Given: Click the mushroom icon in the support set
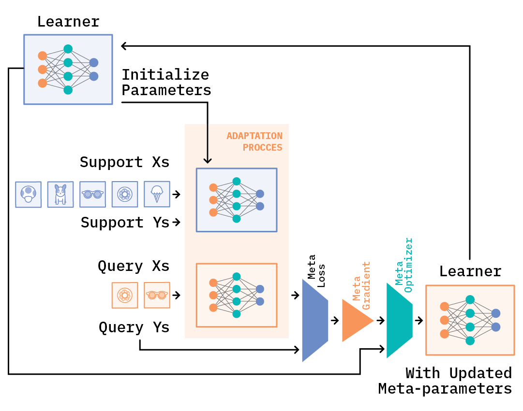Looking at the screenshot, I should (29, 194).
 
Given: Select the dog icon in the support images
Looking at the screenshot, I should (60, 194).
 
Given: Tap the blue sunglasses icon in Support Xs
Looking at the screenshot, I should (92, 194).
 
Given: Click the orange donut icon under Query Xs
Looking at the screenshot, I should (124, 295).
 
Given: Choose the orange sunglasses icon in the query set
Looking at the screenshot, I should (157, 295).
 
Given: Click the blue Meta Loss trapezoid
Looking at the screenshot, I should (314, 321).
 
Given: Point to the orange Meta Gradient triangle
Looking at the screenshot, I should (356, 321).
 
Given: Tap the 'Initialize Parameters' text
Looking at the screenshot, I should (166, 83).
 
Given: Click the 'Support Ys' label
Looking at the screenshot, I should (125, 223).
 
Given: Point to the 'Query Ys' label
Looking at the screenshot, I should (134, 327).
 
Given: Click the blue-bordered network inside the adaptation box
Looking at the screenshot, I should (236, 200).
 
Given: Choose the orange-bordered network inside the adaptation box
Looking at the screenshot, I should (236, 295).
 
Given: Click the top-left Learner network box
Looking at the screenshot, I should (68, 69).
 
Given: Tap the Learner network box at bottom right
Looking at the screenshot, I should (470, 320).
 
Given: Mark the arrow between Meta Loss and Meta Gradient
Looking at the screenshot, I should (335, 320).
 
